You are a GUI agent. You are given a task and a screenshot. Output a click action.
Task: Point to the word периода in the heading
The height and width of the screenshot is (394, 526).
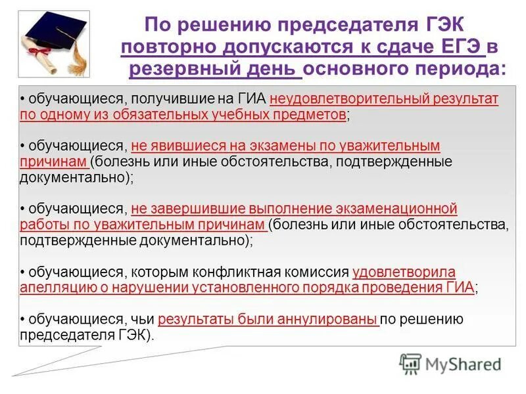pos(458,69)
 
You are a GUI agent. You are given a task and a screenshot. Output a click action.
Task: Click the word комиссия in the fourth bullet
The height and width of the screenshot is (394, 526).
pos(318,272)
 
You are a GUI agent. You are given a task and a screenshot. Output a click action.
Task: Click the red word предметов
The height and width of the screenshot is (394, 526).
pos(312,114)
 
